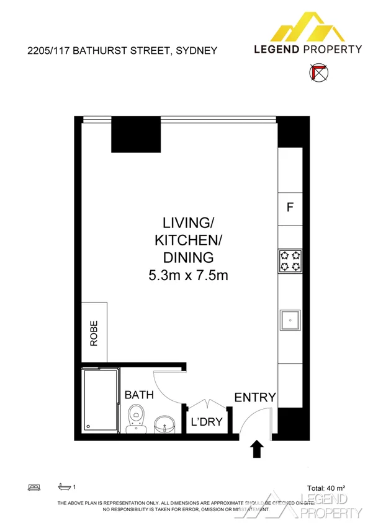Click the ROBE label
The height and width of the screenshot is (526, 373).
(x=94, y=333)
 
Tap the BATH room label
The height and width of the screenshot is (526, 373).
(x=139, y=395)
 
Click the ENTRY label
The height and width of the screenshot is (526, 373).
(x=254, y=397)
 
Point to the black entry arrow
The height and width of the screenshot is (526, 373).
(x=256, y=448)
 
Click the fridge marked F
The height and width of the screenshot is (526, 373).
(x=289, y=208)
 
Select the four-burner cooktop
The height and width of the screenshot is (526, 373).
(x=290, y=260)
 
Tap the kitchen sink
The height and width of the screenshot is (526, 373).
(x=290, y=320)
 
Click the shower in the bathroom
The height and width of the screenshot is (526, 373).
(x=101, y=400)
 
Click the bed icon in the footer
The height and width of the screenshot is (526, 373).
(x=34, y=487)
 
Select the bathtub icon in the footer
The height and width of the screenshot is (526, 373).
(x=63, y=487)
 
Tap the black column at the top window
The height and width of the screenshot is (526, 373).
(x=136, y=134)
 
